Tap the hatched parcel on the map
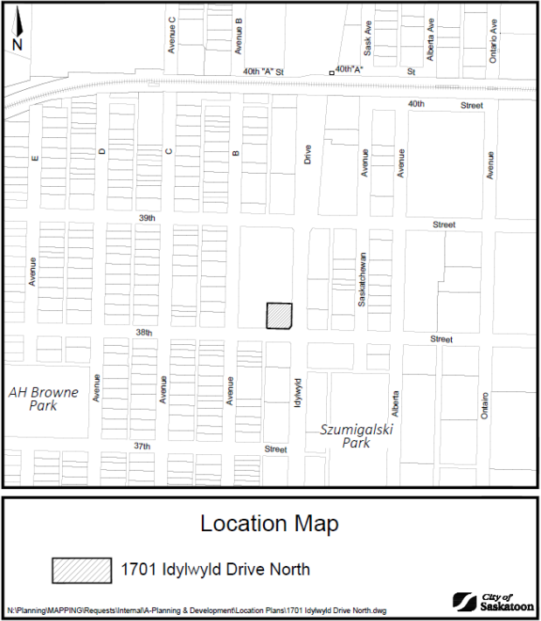pyautogui.click(x=280, y=315)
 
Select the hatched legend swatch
pyautogui.click(x=81, y=570)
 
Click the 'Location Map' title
pyautogui.click(x=269, y=524)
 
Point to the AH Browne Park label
pyautogui.click(x=44, y=399)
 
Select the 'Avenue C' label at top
pyautogui.click(x=172, y=35)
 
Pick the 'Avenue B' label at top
pyautogui.click(x=239, y=36)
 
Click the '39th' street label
pyautogui.click(x=146, y=218)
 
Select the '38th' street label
pyautogui.click(x=143, y=333)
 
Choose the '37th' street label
pyautogui.click(x=141, y=446)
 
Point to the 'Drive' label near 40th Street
pyautogui.click(x=308, y=155)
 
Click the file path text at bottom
pyautogui.click(x=197, y=610)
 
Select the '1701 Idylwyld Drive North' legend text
pyautogui.click(x=214, y=570)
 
